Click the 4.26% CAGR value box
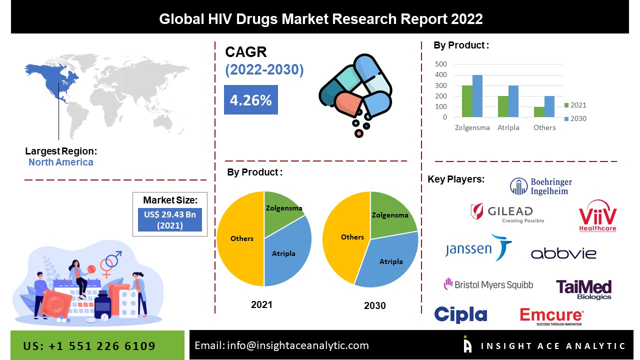(x=250, y=100)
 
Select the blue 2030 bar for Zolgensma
(x=477, y=96)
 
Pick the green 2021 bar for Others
(x=539, y=112)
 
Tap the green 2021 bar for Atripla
(x=503, y=106)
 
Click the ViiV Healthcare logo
(x=597, y=216)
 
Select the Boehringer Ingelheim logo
(x=541, y=186)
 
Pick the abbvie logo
(x=563, y=253)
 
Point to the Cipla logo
(x=460, y=314)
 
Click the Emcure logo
(x=551, y=316)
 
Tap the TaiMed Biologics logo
(x=583, y=289)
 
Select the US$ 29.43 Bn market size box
(x=170, y=220)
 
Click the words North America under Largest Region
(x=60, y=162)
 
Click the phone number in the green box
(x=89, y=346)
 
